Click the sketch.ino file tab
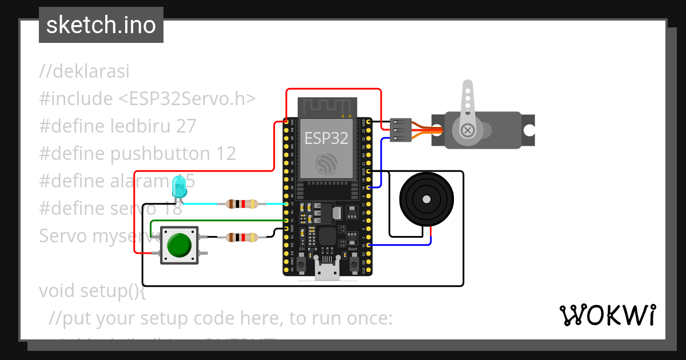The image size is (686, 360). (x=101, y=25)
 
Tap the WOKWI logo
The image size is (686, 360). (x=607, y=315)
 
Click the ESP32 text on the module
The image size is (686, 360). (x=325, y=138)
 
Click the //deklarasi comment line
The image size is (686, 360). (x=84, y=71)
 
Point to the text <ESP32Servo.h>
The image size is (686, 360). (x=187, y=99)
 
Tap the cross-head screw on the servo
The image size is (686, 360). (x=468, y=131)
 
